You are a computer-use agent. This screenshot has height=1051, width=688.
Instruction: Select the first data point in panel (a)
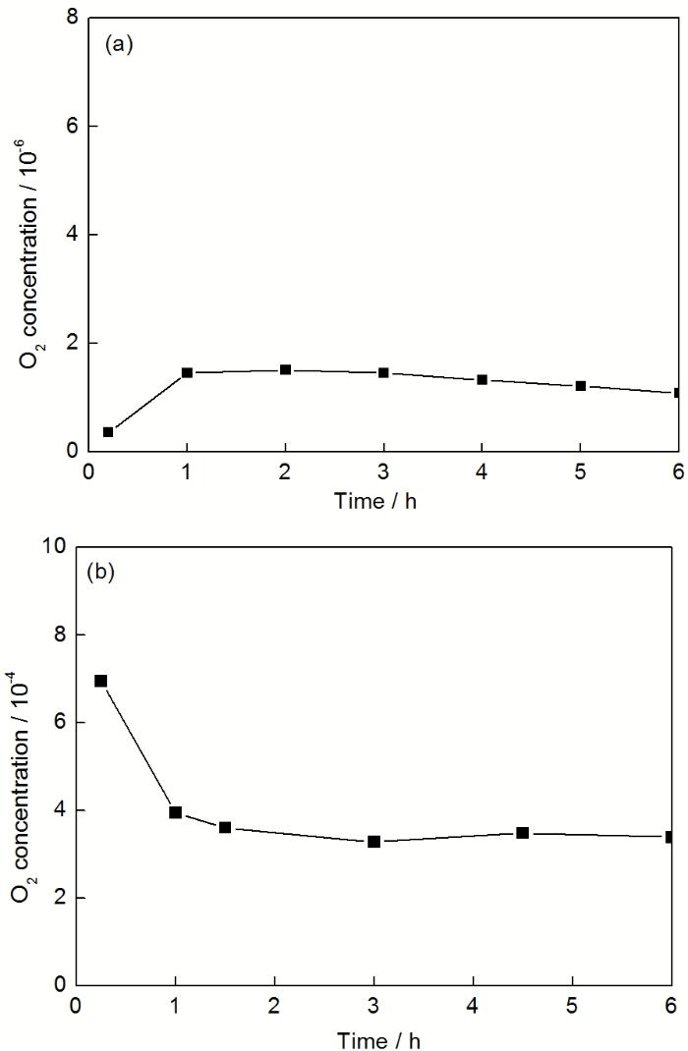(x=108, y=432)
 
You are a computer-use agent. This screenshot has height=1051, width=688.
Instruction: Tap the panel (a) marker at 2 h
(x=285, y=370)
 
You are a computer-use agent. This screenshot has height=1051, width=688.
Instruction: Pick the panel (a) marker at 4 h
(x=483, y=379)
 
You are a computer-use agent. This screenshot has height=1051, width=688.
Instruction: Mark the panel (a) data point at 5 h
(x=581, y=386)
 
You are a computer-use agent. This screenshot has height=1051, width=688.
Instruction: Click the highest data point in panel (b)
(x=100, y=681)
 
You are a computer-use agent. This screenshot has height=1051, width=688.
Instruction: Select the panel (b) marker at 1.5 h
(x=225, y=827)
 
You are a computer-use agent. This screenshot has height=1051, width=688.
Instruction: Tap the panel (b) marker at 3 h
(x=374, y=842)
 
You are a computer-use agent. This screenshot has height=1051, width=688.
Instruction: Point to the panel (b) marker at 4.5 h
(x=523, y=833)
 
